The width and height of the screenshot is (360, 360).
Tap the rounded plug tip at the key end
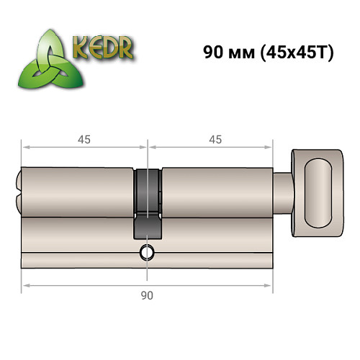[x=18, y=192]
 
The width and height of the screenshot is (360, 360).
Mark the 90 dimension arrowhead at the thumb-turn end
[x=272, y=286]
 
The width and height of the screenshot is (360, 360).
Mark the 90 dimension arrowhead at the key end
[x=25, y=286]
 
